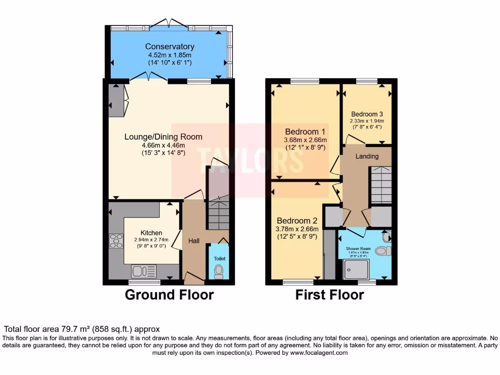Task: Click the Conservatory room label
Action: (x=169, y=46)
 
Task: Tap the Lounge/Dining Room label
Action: (x=163, y=137)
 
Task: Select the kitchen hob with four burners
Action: (x=116, y=241)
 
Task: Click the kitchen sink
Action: (x=144, y=271)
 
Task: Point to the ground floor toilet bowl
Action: (x=218, y=271)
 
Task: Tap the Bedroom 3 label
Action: (x=367, y=114)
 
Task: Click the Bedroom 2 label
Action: (x=298, y=221)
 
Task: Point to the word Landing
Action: (x=367, y=156)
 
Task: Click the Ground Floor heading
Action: (x=169, y=295)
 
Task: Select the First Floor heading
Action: (x=329, y=295)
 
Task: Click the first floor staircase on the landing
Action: (x=381, y=185)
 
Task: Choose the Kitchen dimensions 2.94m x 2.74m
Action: (x=151, y=240)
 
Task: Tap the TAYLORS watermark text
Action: (x=250, y=159)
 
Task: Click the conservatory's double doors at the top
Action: (x=168, y=23)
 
